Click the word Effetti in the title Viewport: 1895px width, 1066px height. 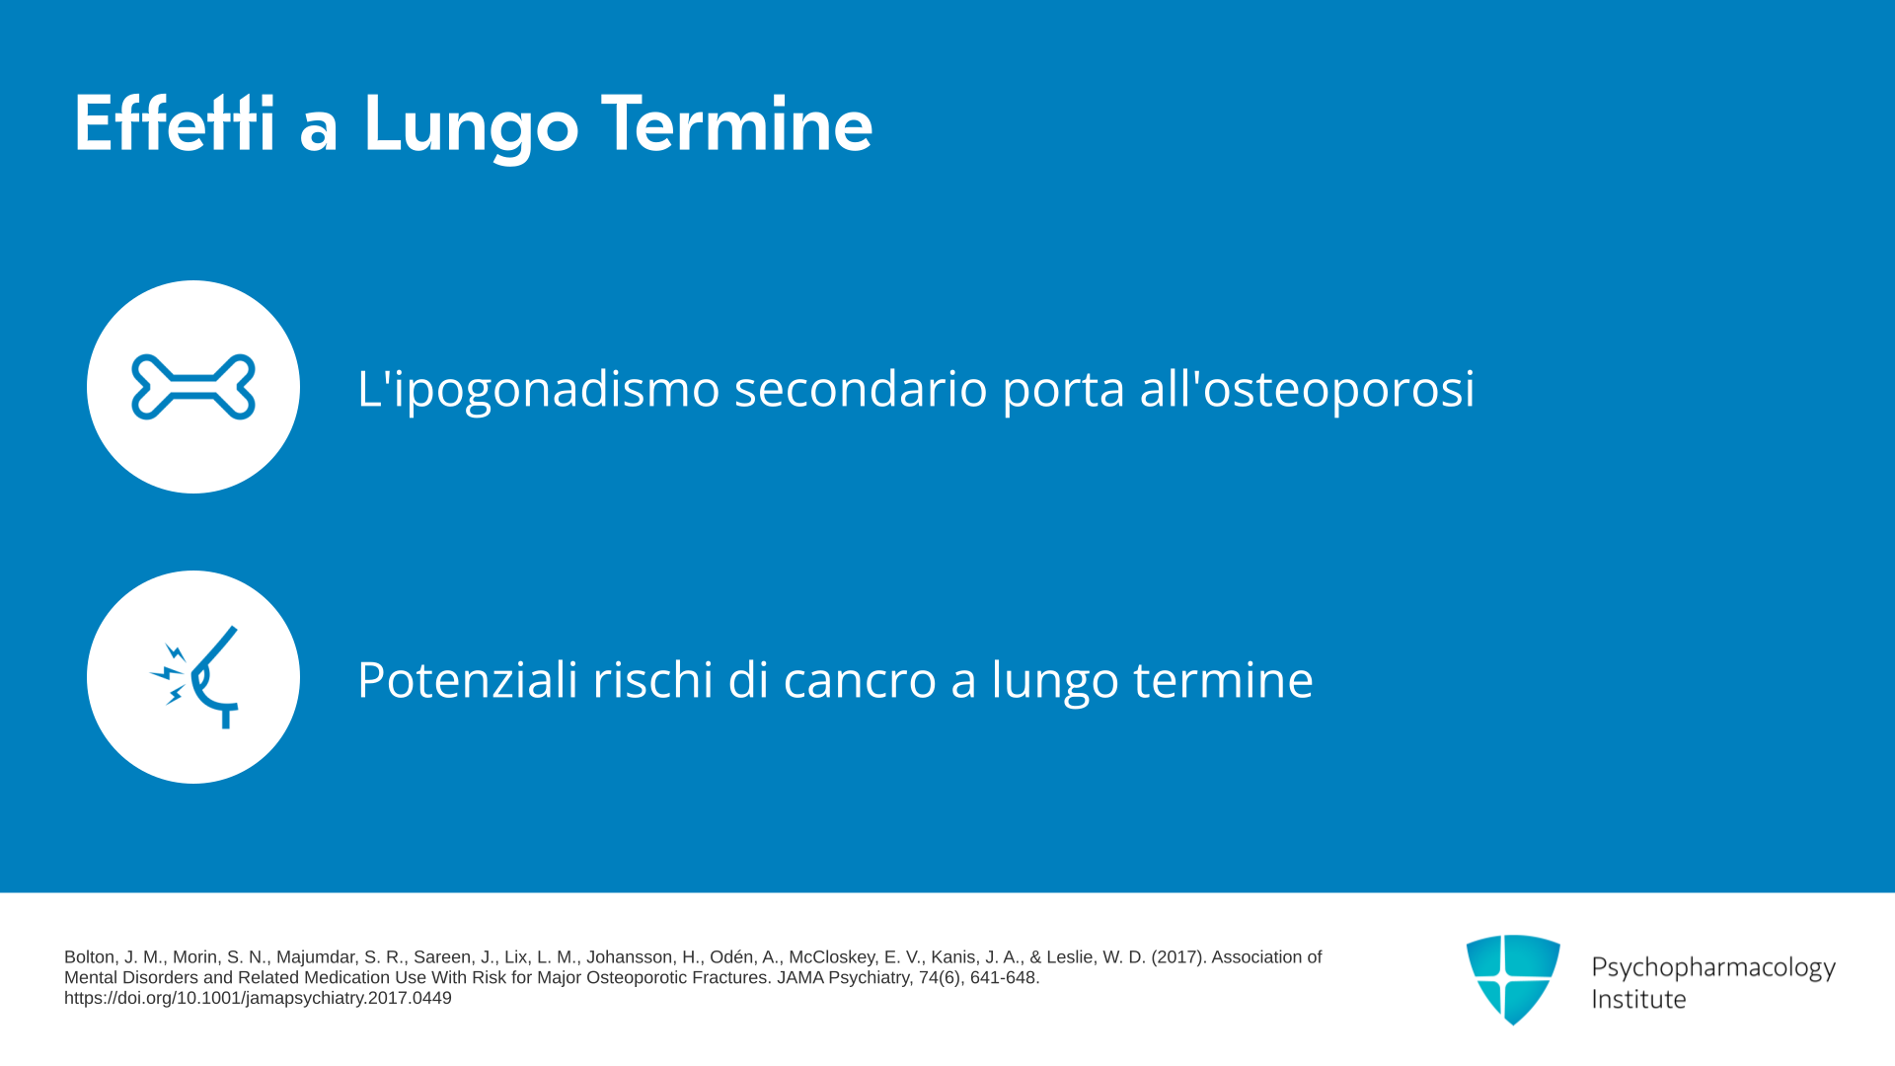175,123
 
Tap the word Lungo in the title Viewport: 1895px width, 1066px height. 471,126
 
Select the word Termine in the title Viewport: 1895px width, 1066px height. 736,123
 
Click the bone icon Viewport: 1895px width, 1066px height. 193,387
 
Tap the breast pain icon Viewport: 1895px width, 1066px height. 195,677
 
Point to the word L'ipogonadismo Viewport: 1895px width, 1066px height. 539,388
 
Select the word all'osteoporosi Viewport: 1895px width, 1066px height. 1308,388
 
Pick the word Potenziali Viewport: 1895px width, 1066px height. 467,679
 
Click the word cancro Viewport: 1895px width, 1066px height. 860,680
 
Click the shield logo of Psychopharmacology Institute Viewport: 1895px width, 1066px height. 1513,979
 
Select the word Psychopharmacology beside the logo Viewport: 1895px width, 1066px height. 1713,967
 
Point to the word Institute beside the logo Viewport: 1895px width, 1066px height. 1638,999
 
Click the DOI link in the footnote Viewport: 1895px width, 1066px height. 258,998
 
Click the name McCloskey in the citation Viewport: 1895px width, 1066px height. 832,957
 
